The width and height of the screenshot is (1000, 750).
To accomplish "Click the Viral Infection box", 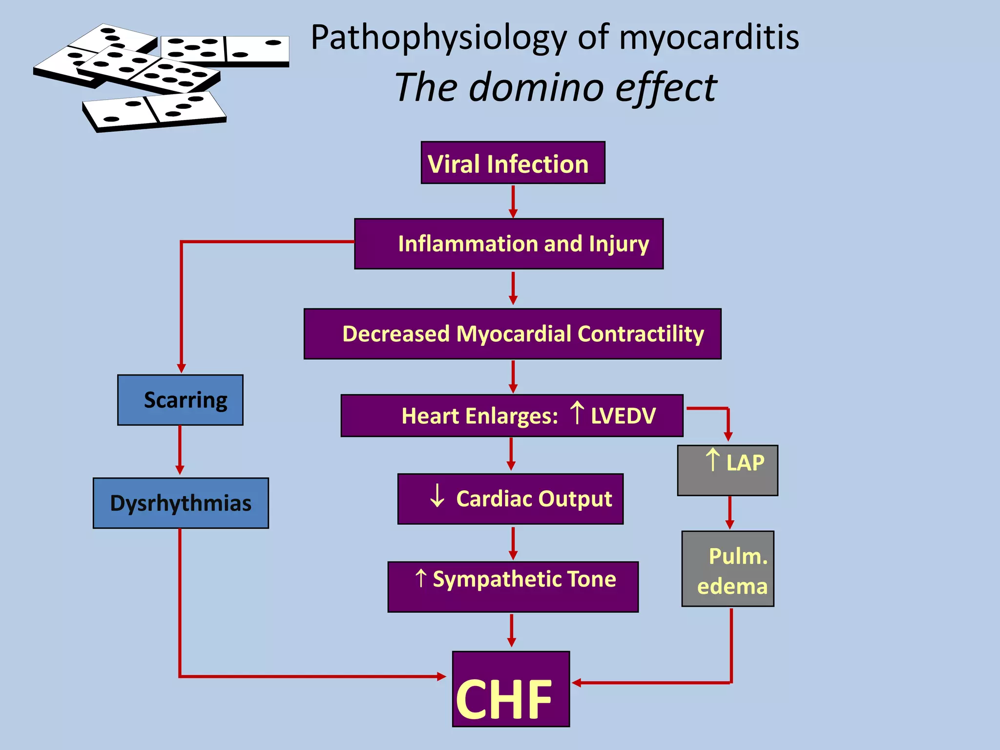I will [513, 163].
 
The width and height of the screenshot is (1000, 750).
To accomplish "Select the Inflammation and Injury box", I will [509, 244].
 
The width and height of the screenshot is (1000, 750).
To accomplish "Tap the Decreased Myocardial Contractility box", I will [512, 334].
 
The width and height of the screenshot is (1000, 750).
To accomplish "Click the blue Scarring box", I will [180, 400].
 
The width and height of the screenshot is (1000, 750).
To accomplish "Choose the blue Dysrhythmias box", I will [181, 503].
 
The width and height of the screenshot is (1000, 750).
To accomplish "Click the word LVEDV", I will [623, 416].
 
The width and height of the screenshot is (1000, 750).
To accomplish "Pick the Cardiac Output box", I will [510, 499].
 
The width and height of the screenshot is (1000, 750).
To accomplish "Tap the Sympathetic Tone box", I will [513, 586].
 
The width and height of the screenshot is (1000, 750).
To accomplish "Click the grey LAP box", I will [728, 470].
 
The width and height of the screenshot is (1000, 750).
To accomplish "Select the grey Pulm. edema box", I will [728, 569].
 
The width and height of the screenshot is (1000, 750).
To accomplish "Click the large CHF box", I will [511, 689].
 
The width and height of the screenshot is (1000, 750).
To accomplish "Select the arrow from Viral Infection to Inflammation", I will [513, 201].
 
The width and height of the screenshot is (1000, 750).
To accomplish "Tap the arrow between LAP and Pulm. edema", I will [729, 513].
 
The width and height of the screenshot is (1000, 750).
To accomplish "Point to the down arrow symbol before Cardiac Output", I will [437, 496].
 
